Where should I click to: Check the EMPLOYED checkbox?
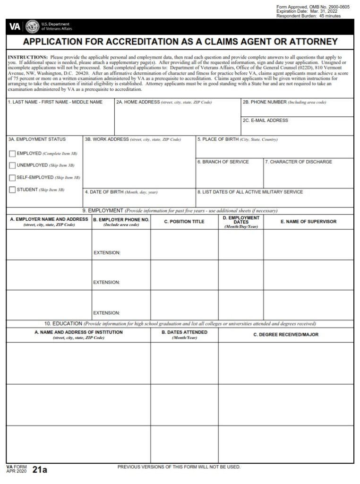[x=12, y=154]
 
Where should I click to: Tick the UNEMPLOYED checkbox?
[x=12, y=165]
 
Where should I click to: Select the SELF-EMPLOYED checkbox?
[x=12, y=178]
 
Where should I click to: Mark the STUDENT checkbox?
[x=12, y=190]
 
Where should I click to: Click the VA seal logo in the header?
[x=32, y=26]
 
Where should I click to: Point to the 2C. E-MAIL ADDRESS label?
[x=265, y=121]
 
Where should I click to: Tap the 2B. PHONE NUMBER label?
[x=265, y=102]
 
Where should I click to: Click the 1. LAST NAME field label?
[x=55, y=102]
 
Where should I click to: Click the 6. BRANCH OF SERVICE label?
[x=223, y=162]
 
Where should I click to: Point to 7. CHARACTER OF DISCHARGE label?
[x=299, y=162]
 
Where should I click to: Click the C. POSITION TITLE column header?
[x=184, y=222]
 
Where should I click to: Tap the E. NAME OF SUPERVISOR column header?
[x=309, y=222]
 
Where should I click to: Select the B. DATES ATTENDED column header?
[x=184, y=332]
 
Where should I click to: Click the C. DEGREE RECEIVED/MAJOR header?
[x=286, y=335]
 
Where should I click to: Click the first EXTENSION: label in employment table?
[x=107, y=253]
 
